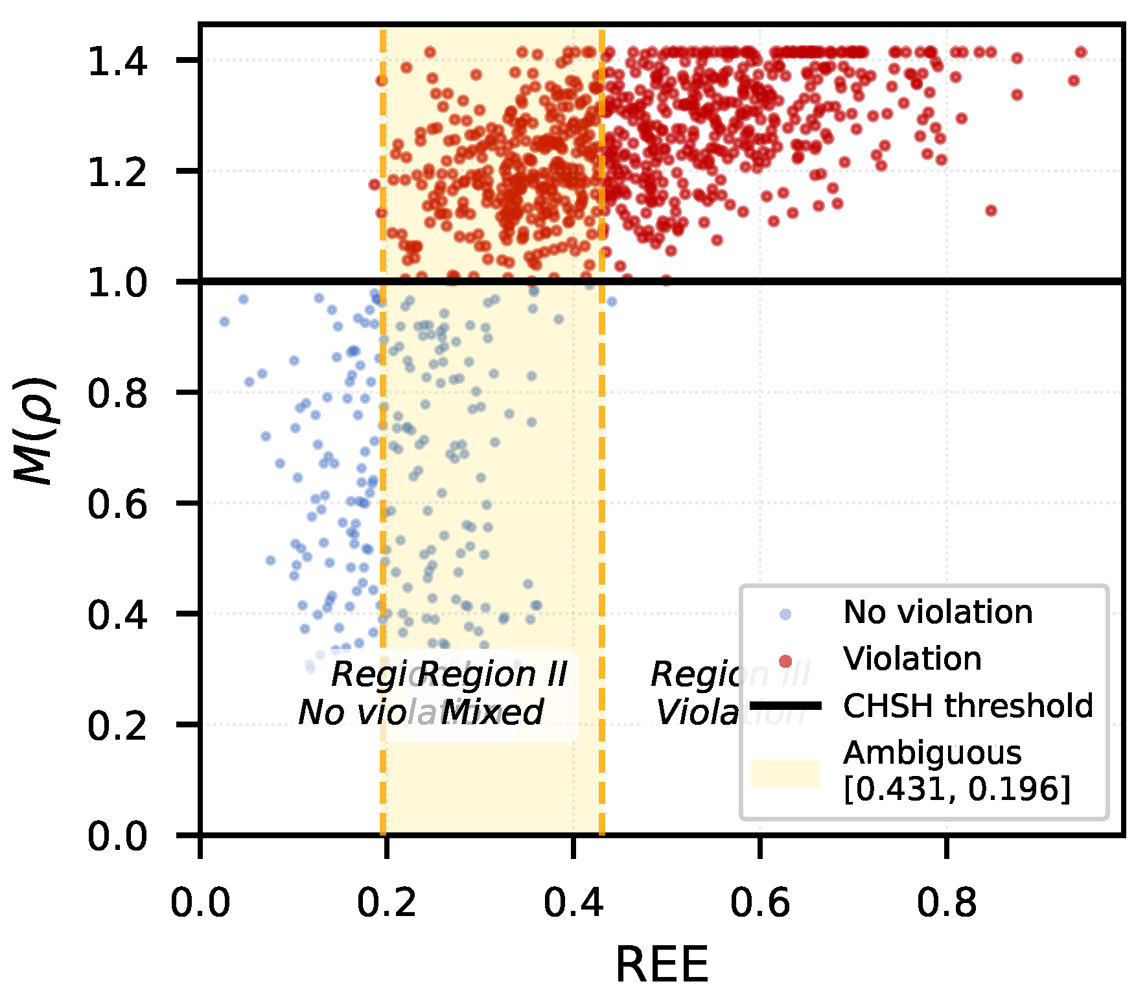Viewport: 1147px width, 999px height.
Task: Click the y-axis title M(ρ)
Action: pos(36,431)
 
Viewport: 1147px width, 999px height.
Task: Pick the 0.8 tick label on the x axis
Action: pos(946,902)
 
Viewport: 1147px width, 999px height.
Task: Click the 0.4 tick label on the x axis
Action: pos(573,902)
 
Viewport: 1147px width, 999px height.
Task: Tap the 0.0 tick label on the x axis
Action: pos(200,902)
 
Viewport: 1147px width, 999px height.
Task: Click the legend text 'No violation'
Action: pos(938,612)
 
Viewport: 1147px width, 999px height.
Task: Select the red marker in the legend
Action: pos(785,661)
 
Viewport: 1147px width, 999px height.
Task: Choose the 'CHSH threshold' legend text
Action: pos(968,705)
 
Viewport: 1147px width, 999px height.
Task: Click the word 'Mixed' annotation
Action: pos(492,713)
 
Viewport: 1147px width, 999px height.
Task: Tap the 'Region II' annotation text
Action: pos(492,674)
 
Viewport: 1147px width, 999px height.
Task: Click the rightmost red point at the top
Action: pos(1080,53)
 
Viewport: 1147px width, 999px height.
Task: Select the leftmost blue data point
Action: pos(224,322)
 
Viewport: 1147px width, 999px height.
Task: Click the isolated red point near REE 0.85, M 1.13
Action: pos(990,210)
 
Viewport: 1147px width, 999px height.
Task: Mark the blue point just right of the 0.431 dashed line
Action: pos(611,301)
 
